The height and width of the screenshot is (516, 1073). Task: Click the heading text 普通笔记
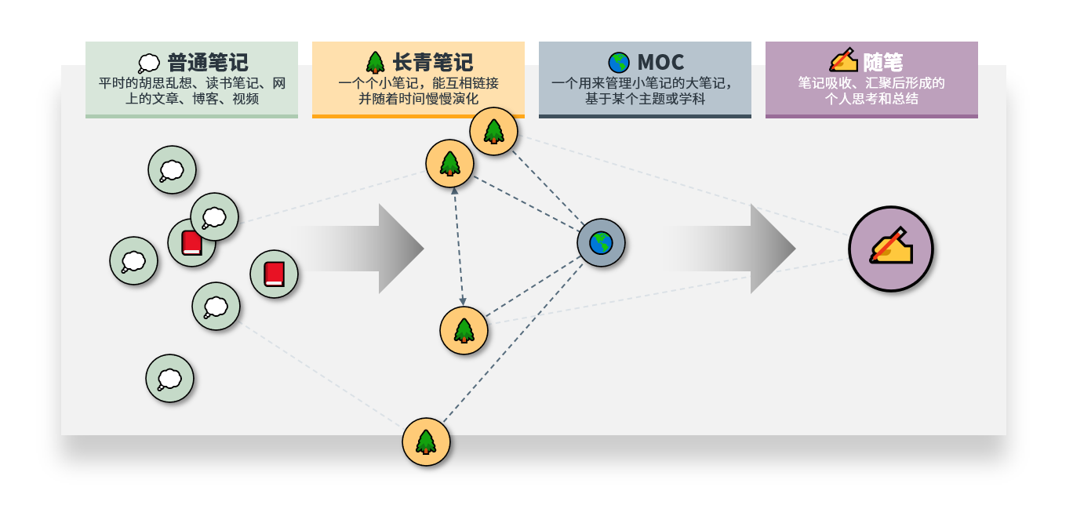(x=207, y=62)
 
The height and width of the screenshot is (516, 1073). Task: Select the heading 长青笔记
(x=433, y=62)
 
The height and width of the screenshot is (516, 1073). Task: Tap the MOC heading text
(x=660, y=62)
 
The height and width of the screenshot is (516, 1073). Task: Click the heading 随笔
(x=883, y=62)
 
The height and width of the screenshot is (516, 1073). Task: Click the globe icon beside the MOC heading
(x=618, y=62)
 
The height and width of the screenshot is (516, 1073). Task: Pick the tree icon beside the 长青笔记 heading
(x=375, y=62)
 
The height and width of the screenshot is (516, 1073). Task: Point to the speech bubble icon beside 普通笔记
(x=148, y=64)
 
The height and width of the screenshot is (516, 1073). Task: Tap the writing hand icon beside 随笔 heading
(x=843, y=60)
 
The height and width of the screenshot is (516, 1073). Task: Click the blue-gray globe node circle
(x=601, y=243)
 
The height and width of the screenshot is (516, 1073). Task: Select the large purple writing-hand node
(x=891, y=249)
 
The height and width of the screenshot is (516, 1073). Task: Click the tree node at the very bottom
(x=426, y=442)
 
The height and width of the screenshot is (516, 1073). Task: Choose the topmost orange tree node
(x=493, y=131)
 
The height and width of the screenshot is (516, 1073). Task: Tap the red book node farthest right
(x=274, y=274)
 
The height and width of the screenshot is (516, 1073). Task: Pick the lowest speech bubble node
(x=169, y=379)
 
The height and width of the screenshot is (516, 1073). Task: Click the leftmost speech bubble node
(x=133, y=260)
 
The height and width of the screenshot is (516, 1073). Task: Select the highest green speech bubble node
(x=172, y=169)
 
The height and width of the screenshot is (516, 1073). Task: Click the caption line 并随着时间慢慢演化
(x=418, y=99)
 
